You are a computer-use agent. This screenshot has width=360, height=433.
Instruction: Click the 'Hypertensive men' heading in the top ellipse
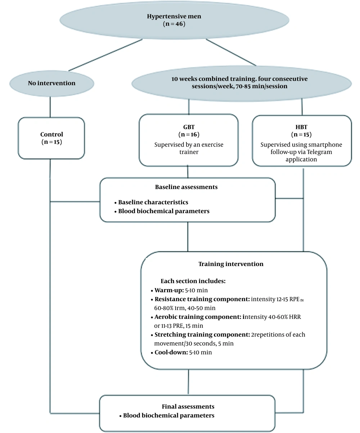(174, 17)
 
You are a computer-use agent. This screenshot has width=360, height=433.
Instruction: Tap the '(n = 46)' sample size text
(174, 24)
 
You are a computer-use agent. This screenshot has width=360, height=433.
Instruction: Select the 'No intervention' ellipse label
(51, 83)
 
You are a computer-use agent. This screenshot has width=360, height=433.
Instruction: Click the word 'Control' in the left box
(51, 134)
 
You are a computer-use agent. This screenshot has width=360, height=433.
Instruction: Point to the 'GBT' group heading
(189, 127)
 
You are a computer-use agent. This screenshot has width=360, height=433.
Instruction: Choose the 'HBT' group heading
(301, 127)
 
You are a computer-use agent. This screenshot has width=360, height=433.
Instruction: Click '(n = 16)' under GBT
(189, 134)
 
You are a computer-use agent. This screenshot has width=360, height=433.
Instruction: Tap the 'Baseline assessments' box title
(186, 187)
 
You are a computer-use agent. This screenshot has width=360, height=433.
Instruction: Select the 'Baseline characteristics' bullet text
(153, 202)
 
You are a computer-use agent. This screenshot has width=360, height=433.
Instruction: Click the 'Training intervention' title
(231, 264)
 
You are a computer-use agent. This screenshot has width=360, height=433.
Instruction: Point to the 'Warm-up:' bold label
(169, 290)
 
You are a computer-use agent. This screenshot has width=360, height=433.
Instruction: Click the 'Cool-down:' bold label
(171, 352)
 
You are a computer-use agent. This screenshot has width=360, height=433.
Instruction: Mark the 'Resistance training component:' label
(202, 299)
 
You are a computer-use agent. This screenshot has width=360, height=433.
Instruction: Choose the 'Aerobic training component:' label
(198, 317)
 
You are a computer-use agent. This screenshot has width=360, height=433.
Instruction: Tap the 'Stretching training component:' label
(202, 335)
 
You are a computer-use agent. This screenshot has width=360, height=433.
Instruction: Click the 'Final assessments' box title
(188, 406)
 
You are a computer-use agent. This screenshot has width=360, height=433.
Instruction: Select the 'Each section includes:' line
(193, 281)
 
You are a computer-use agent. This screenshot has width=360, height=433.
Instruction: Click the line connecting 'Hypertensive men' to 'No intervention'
(105, 55)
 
